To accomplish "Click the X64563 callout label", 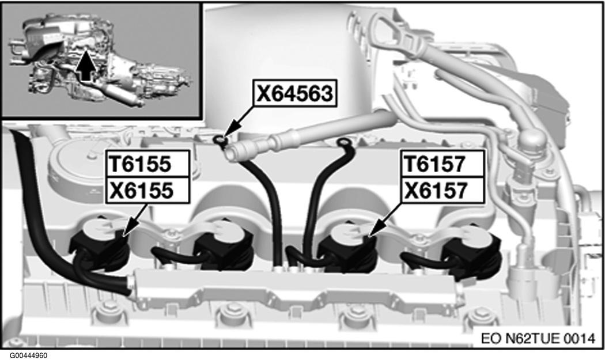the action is click(x=295, y=93).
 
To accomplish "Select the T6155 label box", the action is click(x=147, y=164).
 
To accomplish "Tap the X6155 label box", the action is click(x=147, y=190).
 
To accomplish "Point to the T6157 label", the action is click(x=441, y=164).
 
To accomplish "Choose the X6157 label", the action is click(x=441, y=190).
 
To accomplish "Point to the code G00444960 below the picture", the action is click(x=29, y=355).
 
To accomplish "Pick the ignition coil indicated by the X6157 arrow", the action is click(x=349, y=247).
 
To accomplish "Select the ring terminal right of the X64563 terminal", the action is click(x=343, y=143).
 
